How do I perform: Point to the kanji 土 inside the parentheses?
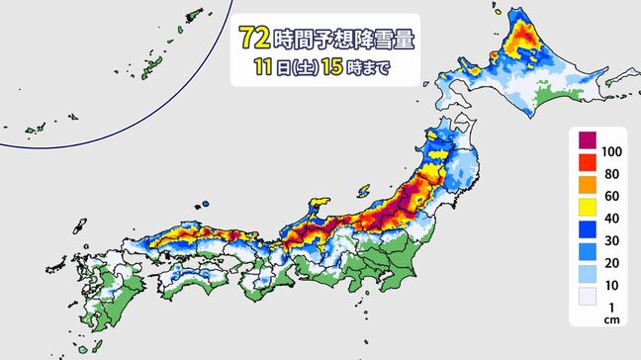pyautogui.click(x=301, y=69)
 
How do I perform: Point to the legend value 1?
pyautogui.click(x=610, y=313)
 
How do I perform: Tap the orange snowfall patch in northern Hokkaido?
pyautogui.click(x=518, y=44)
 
